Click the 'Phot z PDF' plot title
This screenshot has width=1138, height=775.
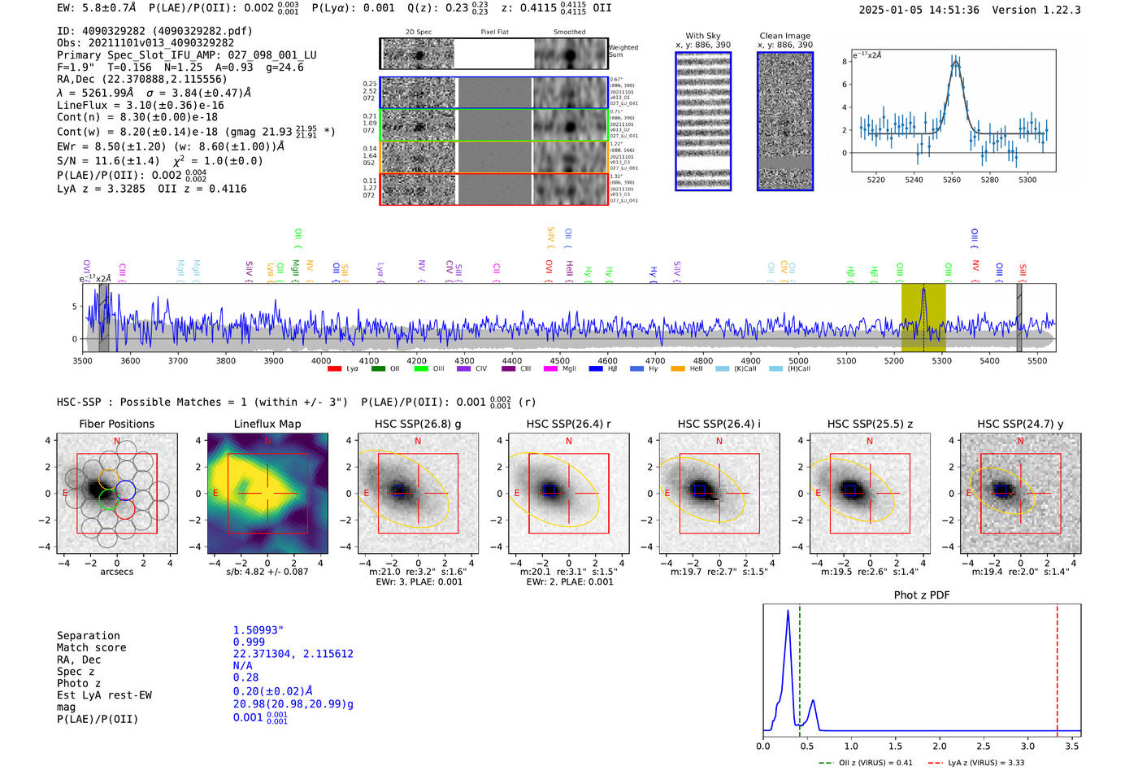[x=922, y=595]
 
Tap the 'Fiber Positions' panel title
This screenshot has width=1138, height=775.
[x=116, y=424]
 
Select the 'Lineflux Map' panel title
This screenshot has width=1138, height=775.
[x=267, y=424]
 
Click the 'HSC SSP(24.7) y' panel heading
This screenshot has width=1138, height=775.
[x=1020, y=424]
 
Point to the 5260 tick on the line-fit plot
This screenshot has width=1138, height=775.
[x=952, y=180]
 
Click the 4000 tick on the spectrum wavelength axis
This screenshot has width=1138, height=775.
[x=321, y=361]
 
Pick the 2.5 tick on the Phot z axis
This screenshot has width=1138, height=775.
[x=984, y=746]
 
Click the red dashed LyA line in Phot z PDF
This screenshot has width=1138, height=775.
[x=1058, y=667]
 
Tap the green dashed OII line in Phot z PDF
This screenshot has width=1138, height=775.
[x=800, y=667]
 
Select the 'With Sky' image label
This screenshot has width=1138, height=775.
[x=703, y=36]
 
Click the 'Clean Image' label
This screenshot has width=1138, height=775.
[x=784, y=36]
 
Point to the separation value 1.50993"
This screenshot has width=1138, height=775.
[x=258, y=630]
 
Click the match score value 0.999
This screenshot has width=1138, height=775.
[x=249, y=642]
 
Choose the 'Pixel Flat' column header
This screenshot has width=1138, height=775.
[x=494, y=33]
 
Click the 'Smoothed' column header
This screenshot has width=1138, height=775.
[x=569, y=33]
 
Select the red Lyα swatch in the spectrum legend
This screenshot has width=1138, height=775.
[x=334, y=369]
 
